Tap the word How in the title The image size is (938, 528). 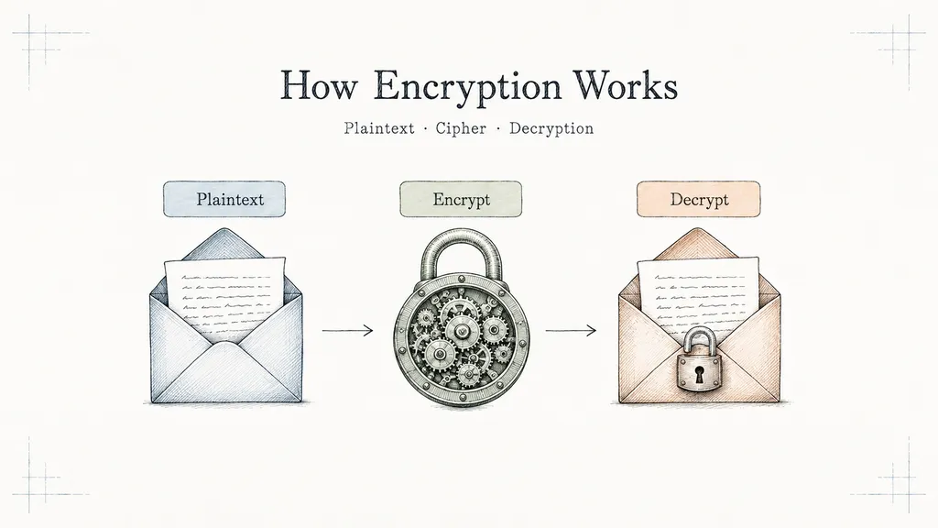coord(319,85)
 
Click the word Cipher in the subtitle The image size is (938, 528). coord(461,128)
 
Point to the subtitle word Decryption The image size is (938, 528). coord(551,128)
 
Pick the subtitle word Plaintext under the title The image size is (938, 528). coord(379,128)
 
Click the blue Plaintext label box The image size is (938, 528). coord(224,199)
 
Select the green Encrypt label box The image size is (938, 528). coord(461,199)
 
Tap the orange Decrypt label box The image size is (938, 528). coord(698,199)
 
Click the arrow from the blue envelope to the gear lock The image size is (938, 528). coord(347,330)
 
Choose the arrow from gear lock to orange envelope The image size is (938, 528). coord(571,330)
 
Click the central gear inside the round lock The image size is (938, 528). coord(462,330)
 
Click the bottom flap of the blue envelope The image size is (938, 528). coord(225,372)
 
